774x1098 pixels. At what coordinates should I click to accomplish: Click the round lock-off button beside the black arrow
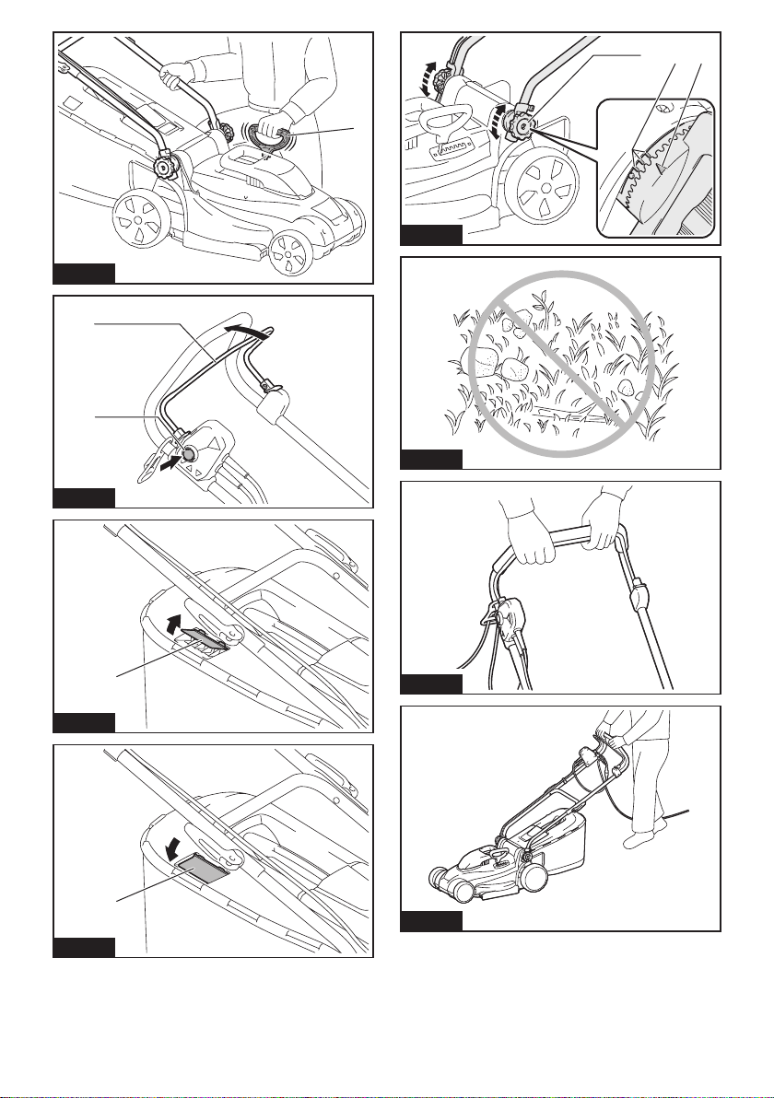190,453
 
